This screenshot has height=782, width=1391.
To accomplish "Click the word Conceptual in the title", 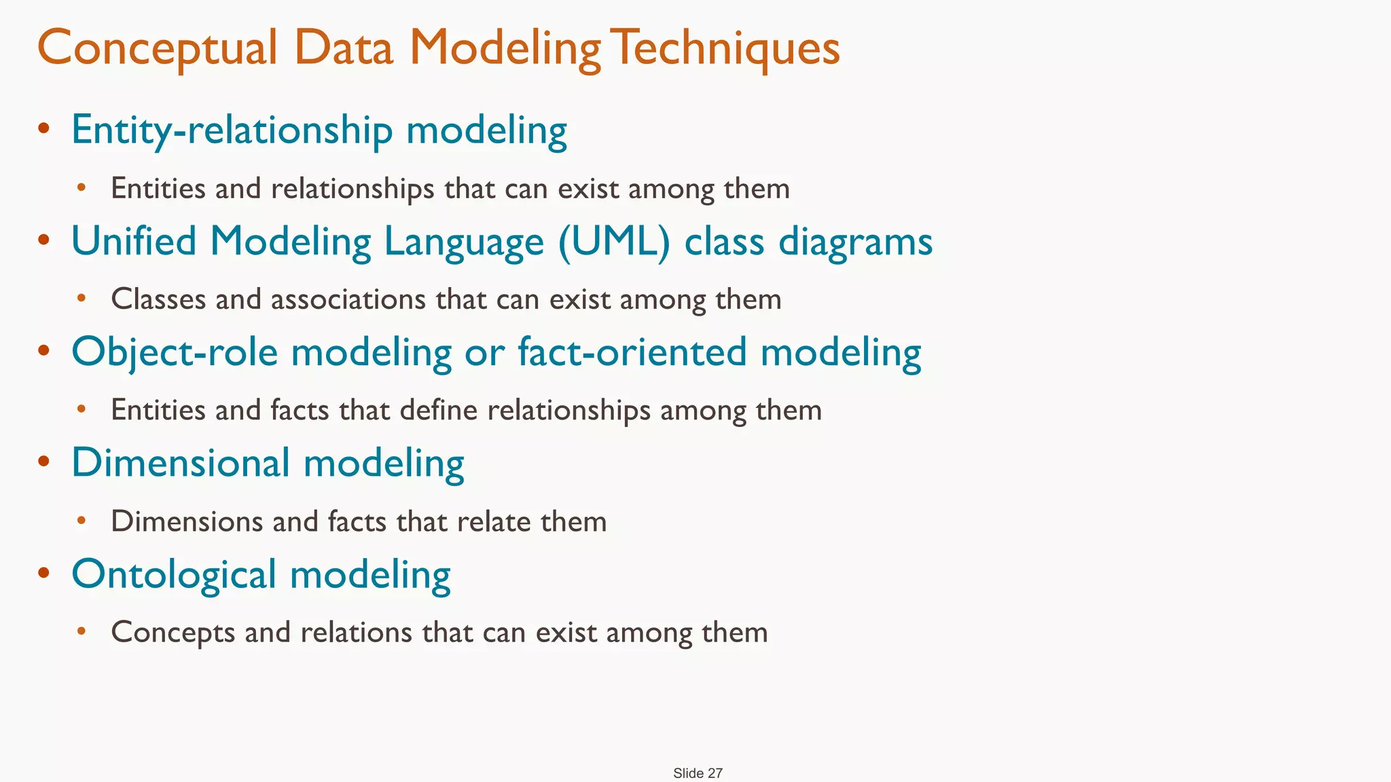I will click(x=157, y=49).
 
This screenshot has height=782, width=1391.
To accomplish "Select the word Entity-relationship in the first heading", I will click(x=232, y=130).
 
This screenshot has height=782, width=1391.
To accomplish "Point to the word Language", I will click(x=464, y=243).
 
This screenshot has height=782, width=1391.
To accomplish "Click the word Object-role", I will click(x=175, y=352).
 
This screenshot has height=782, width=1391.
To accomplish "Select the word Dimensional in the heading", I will click(x=181, y=463).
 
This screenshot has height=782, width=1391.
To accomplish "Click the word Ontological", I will click(x=174, y=574).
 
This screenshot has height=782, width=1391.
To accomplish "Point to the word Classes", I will click(x=158, y=299).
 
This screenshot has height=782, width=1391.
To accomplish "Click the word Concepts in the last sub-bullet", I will click(x=173, y=633).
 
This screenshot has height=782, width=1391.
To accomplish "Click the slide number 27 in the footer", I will click(x=715, y=773).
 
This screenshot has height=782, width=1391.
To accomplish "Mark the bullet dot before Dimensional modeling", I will click(x=44, y=462).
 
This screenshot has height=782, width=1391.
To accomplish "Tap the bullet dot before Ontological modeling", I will click(x=44, y=572).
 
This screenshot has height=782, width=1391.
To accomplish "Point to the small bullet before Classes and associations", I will click(x=82, y=297).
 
